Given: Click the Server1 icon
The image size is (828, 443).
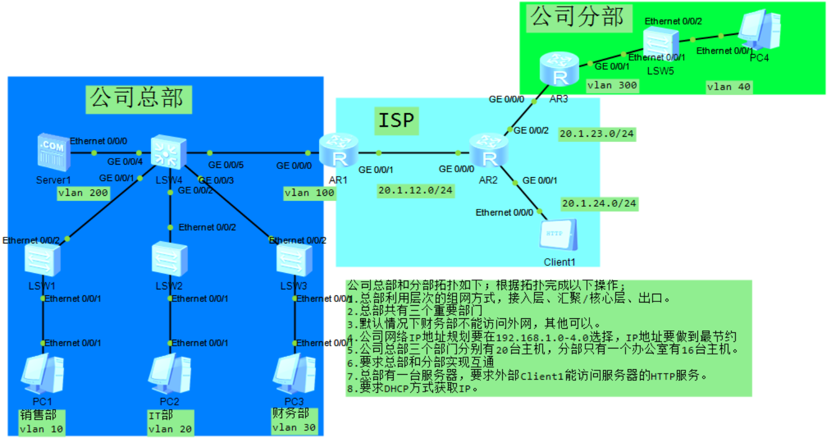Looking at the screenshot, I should point(54,152).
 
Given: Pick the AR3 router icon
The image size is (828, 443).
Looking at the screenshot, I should point(559,70).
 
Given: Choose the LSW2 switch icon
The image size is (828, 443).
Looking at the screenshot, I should point(170,259).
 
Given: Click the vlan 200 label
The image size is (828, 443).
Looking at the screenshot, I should point(83,193).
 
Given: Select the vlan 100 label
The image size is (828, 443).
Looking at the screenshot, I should point(310,193).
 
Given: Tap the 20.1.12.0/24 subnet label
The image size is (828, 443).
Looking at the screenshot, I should point(415,190).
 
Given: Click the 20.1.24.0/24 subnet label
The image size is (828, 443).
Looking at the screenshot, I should point(599,203).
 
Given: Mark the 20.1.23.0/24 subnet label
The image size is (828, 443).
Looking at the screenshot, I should point(597,134).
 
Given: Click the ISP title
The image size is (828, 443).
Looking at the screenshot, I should point(396,120).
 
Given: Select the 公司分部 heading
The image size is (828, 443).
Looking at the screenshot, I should point(578,17).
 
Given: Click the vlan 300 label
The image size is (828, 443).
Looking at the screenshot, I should point(612,85).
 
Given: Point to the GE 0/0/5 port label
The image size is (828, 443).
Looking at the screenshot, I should point(226,165).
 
